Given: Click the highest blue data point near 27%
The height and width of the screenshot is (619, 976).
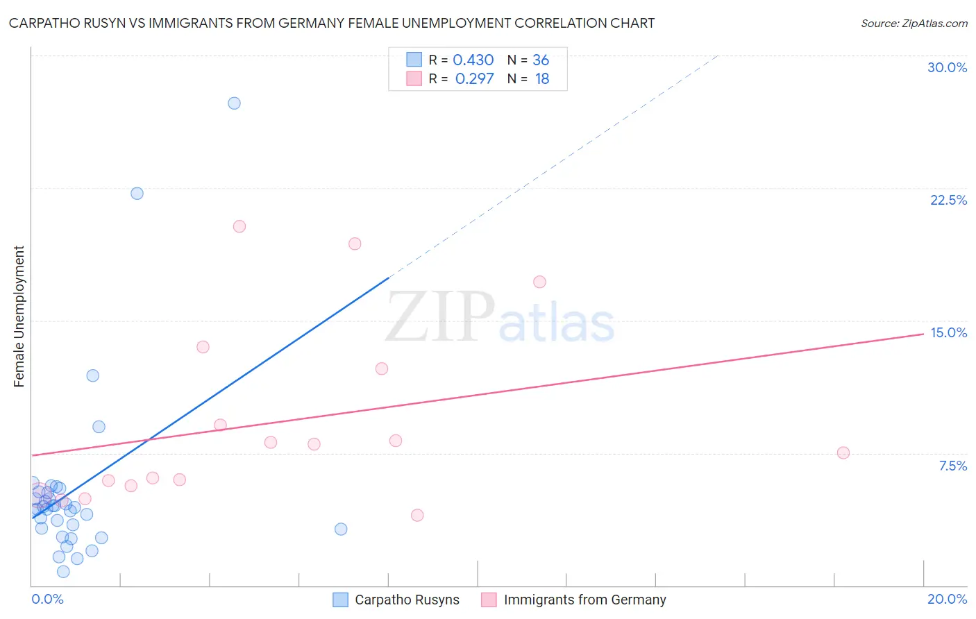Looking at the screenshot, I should pyautogui.click(x=234, y=103).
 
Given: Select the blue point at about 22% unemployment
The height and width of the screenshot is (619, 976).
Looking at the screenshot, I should pyautogui.click(x=137, y=194).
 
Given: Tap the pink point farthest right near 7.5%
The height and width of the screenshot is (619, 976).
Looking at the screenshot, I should pyautogui.click(x=843, y=453).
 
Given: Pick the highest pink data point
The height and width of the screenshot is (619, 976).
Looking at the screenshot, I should pyautogui.click(x=239, y=226).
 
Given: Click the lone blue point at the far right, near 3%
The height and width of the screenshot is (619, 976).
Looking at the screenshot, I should pyautogui.click(x=341, y=529).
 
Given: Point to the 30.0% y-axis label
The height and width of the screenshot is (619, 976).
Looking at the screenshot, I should pyautogui.click(x=947, y=67).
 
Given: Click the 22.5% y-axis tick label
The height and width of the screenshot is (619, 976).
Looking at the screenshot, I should pyautogui.click(x=948, y=200).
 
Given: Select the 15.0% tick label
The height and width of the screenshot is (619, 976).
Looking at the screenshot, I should pyautogui.click(x=948, y=332).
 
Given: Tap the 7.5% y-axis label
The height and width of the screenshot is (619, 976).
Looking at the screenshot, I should pyautogui.click(x=952, y=466).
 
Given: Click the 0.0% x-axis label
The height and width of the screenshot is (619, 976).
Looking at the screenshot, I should pyautogui.click(x=48, y=599).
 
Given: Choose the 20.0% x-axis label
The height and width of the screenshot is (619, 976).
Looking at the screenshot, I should pyautogui.click(x=947, y=599).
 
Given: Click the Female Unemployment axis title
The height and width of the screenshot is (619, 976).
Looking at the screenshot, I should pyautogui.click(x=19, y=316).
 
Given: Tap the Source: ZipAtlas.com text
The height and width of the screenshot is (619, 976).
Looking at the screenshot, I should pyautogui.click(x=914, y=24).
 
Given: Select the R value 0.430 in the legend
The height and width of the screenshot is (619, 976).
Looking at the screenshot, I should pyautogui.click(x=473, y=60).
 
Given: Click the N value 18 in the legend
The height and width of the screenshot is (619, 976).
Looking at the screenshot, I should pyautogui.click(x=541, y=79).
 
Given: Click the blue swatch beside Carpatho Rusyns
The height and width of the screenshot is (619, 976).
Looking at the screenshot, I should pyautogui.click(x=340, y=600).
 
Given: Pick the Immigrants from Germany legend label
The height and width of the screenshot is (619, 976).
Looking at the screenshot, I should pyautogui.click(x=584, y=600).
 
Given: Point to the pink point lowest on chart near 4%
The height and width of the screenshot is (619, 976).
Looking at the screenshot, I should pyautogui.click(x=417, y=516).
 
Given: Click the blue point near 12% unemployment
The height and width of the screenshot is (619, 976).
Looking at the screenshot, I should pyautogui.click(x=92, y=376).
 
